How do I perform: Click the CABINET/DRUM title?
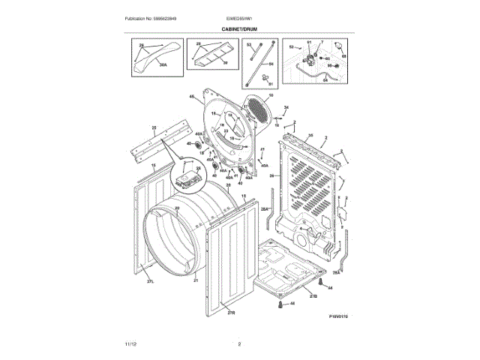[x=239, y=29]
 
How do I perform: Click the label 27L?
[x=150, y=281]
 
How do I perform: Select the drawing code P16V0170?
[x=338, y=316]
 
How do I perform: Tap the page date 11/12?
[x=130, y=343]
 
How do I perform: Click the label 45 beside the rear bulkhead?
[x=191, y=96]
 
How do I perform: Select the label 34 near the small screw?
[x=286, y=108]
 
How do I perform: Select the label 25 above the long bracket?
[x=153, y=128]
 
